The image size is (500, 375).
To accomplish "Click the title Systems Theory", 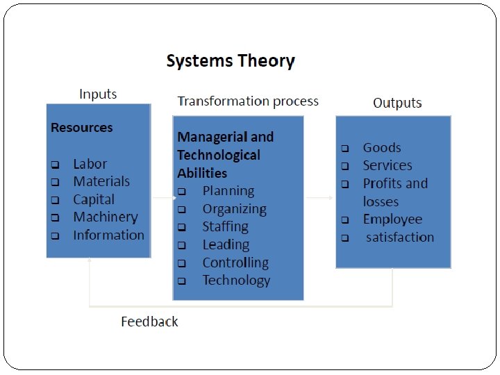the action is [x=231, y=61].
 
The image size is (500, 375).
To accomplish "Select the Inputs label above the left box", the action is [x=98, y=94].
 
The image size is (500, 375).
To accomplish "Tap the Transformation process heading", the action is [x=248, y=101].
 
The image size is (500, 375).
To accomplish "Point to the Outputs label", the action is [x=397, y=103].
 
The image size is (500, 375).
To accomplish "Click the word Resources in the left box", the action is [x=81, y=128].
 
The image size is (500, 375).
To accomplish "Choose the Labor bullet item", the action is [x=90, y=164].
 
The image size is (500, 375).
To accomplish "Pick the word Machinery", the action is [x=106, y=217].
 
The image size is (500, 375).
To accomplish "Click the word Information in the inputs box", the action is [x=108, y=235].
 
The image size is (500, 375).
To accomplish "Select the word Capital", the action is [x=94, y=199].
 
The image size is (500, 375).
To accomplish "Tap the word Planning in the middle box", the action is [x=228, y=191].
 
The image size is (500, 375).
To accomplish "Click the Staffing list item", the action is [x=225, y=226].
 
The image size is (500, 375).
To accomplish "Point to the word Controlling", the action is [x=235, y=262].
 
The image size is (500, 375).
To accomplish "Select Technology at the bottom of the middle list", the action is [x=236, y=281].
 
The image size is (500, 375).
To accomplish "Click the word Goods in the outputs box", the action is [x=382, y=148].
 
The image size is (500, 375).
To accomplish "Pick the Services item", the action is [x=387, y=165].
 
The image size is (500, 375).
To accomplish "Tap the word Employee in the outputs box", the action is [x=392, y=219].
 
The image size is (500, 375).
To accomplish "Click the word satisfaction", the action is [x=400, y=237].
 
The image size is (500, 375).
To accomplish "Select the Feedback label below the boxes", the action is [x=149, y=322].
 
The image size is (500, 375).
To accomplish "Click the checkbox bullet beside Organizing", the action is [x=181, y=209].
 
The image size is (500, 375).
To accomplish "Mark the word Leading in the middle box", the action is [x=226, y=244].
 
